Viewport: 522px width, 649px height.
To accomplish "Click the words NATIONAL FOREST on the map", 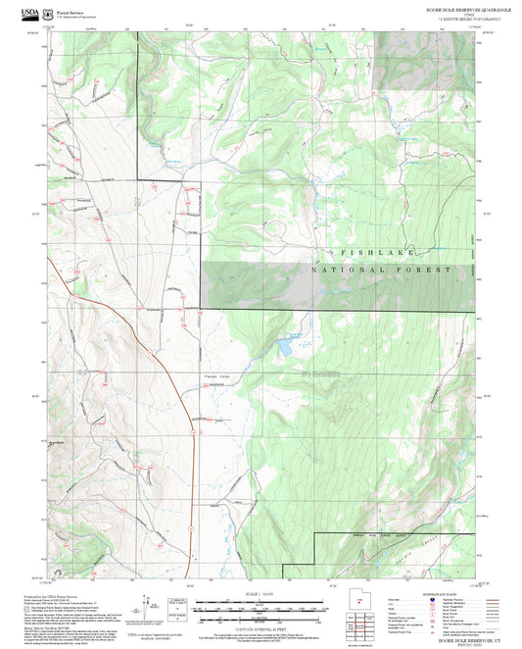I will pyautogui.click(x=381, y=270).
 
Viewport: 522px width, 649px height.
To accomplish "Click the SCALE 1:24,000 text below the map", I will pyautogui.click(x=261, y=592).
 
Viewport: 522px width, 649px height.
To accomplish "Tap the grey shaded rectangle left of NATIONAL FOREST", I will pyautogui.click(x=260, y=274).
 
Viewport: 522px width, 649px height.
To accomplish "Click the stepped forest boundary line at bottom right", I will pyautogui.click(x=372, y=534).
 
